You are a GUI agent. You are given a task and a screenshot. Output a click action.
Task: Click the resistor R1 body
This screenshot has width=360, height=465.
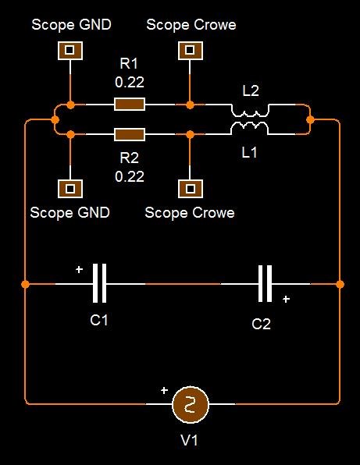click(x=130, y=105)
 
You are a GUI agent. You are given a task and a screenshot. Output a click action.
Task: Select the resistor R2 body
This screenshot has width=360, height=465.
click(x=130, y=134)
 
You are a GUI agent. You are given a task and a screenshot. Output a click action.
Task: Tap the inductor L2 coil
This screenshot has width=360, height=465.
click(x=250, y=113)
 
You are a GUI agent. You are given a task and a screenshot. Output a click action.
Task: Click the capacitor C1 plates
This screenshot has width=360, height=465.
click(x=99, y=283)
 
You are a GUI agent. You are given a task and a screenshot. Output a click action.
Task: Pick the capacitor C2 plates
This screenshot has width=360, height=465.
click(x=265, y=283)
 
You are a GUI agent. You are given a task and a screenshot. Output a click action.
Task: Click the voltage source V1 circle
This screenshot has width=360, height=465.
click(x=191, y=404)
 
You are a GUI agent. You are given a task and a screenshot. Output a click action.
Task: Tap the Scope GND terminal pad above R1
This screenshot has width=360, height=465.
click(x=70, y=51)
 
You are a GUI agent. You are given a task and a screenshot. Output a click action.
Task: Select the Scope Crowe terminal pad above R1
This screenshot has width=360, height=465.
click(x=191, y=51)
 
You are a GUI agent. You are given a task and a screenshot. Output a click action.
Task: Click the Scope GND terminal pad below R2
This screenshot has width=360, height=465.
click(x=70, y=189)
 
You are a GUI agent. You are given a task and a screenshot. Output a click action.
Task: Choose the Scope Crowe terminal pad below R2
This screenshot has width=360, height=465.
click(x=191, y=189)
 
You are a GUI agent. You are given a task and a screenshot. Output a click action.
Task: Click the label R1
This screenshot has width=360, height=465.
click(x=129, y=63)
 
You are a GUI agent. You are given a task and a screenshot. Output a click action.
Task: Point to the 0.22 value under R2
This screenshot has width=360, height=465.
click(x=130, y=176)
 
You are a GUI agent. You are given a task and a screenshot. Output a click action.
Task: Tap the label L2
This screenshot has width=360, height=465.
click(x=251, y=91)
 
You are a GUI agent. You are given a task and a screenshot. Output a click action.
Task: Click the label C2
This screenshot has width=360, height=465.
click(x=261, y=324)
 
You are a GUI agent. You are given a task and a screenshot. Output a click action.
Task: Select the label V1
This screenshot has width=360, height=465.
click(x=189, y=440)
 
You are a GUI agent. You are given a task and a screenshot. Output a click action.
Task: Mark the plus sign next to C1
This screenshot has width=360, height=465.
click(x=79, y=270)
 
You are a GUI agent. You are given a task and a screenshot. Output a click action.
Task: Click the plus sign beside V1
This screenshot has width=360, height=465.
click(x=164, y=391)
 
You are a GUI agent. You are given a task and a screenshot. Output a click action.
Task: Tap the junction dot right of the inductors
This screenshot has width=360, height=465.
click(x=310, y=120)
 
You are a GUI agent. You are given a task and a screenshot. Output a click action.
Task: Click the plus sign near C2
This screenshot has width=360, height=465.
click(x=286, y=299)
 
